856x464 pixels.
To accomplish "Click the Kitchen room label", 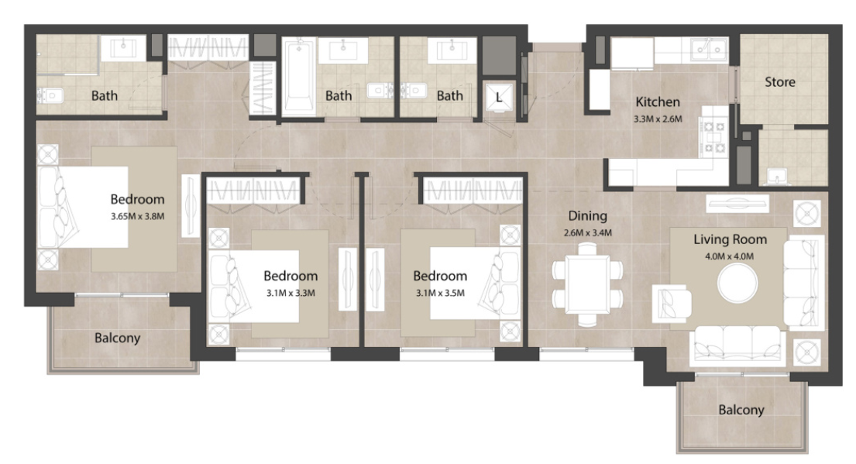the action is tap(657, 102).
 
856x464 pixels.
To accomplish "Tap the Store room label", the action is tap(779, 82).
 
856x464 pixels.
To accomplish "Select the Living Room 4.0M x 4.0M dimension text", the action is tap(730, 256).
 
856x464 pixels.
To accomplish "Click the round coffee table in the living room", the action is tap(737, 284).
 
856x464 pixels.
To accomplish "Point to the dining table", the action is tap(587, 284).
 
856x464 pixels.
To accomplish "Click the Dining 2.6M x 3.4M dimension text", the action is tap(587, 232).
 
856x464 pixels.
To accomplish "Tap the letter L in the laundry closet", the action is tap(498, 98).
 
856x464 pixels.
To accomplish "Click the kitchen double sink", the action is tap(709, 50).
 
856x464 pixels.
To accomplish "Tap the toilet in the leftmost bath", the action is tap(50, 96).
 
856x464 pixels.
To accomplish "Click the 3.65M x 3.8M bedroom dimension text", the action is tap(138, 216).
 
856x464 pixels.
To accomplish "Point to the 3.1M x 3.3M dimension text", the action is tap(290, 293).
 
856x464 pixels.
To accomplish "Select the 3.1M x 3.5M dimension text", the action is tap(440, 293).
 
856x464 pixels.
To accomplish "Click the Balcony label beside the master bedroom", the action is tap(118, 338).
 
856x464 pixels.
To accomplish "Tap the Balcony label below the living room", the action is tap(741, 410).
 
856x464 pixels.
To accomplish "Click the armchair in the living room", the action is tap(672, 303).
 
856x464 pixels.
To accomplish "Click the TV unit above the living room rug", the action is tap(737, 204).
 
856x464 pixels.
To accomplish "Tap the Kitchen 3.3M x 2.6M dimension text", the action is tap(658, 119).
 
